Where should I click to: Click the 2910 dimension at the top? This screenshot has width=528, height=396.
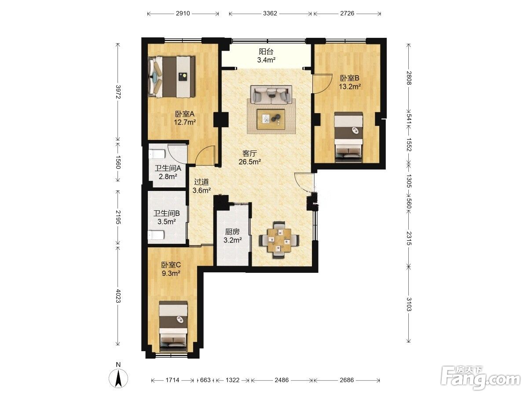(x=183, y=13)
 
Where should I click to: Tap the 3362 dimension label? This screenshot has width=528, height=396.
(x=270, y=13)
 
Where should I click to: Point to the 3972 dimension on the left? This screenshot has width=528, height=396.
(x=118, y=92)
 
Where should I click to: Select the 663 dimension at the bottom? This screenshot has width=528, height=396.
(x=205, y=380)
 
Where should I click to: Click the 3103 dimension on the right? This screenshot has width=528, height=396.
(x=409, y=304)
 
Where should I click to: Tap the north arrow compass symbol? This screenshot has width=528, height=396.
(x=118, y=378)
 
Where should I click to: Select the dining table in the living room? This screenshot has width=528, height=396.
(x=279, y=240)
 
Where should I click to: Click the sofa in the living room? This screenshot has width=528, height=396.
(x=271, y=95)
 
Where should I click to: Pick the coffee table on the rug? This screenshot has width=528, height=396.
(x=271, y=119)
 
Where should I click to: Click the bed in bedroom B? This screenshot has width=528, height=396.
(x=348, y=137)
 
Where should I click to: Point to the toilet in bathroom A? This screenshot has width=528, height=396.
(x=157, y=154)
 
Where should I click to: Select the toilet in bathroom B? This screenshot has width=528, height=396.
(x=156, y=235)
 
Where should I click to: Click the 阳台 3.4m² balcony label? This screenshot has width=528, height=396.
(x=266, y=55)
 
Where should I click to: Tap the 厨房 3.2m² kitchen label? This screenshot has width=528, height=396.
(x=232, y=236)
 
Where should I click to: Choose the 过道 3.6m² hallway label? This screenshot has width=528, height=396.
(x=202, y=186)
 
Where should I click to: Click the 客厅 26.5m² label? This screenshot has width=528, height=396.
(x=249, y=157)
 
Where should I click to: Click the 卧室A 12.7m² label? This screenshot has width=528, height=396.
(x=185, y=118)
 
